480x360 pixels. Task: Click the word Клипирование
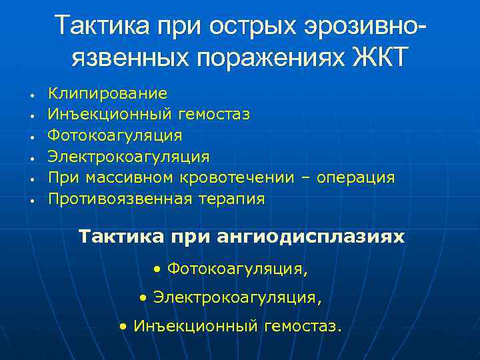[108, 94]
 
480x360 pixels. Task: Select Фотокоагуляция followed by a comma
[238, 269]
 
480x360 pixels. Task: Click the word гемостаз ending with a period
[303, 327]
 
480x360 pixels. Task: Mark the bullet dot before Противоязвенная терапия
[32, 200]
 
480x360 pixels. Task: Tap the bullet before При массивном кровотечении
[32, 179]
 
